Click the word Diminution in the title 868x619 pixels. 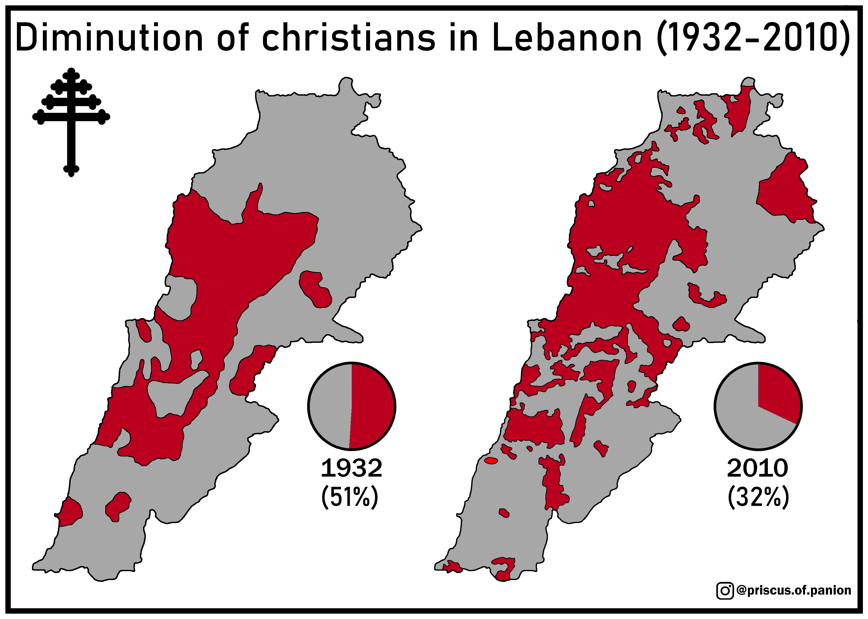pos(108,38)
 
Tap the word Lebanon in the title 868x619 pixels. pos(567,38)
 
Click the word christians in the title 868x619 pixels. pos(348,38)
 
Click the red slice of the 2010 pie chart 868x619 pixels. pos(777,393)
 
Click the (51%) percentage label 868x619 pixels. pos(350,497)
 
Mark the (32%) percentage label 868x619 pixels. pos(758,497)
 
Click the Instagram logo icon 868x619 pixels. pos(725,591)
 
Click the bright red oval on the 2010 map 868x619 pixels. pos(491,461)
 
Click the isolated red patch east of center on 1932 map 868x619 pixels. pos(315,289)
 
